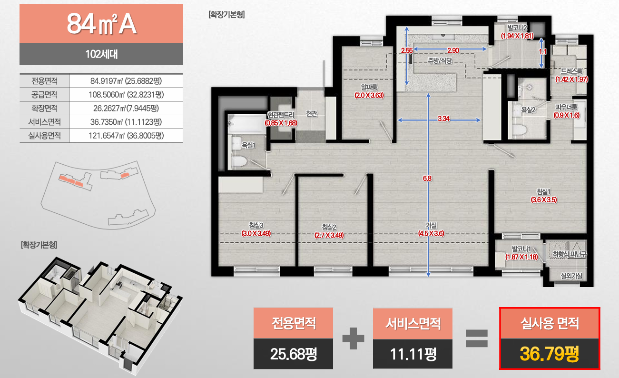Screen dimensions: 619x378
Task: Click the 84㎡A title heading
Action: click(101, 24)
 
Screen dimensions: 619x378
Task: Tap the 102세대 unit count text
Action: click(101, 54)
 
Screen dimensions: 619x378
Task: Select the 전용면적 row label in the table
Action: click(45, 81)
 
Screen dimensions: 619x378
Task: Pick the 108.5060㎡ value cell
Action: click(126, 95)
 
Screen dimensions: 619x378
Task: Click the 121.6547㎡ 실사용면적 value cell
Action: click(126, 136)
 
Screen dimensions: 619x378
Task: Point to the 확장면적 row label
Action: click(45, 108)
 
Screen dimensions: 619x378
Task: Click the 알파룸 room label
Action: click(369, 88)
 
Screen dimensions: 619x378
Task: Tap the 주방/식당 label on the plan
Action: click(440, 60)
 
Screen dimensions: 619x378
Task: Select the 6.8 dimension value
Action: click(427, 179)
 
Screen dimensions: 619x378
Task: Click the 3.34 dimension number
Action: click(443, 119)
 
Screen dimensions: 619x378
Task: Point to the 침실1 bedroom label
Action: click(543, 192)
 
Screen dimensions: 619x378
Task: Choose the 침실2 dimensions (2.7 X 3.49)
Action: click(329, 235)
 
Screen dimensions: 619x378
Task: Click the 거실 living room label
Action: click(431, 225)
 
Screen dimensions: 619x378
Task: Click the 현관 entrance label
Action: click(312, 114)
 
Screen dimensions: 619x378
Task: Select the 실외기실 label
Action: click(571, 276)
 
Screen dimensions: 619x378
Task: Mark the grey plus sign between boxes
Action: click(353, 338)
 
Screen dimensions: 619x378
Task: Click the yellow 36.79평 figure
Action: click(550, 354)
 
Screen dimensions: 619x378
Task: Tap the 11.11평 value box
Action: click(413, 354)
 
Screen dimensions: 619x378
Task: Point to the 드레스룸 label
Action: click(571, 71)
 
